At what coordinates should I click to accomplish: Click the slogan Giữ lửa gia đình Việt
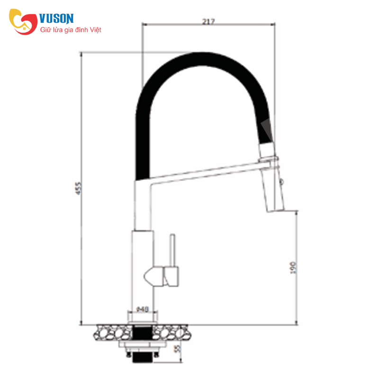pos(71,30)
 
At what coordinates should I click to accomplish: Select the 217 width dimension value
pos(208,21)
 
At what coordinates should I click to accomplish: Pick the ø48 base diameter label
pos(143,309)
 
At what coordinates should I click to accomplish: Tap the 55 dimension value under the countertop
pos(178,350)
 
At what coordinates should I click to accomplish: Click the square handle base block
pos(171,276)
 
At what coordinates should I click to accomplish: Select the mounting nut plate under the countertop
pos(142,345)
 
